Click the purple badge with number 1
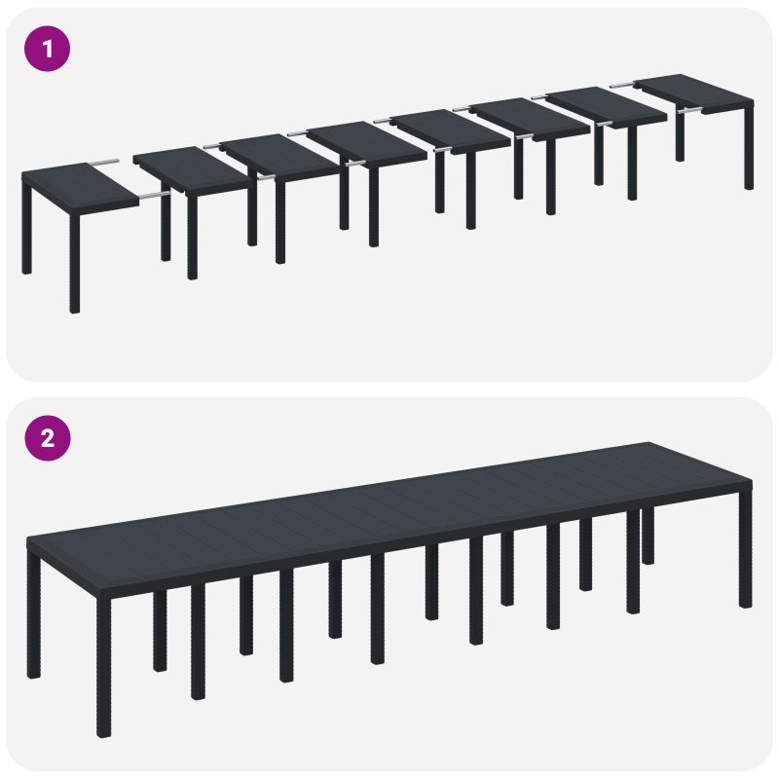coord(47,47)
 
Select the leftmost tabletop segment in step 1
coord(78,187)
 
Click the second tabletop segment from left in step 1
coord(189,169)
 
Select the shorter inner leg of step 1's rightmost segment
coord(680,136)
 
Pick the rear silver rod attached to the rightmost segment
coord(624,86)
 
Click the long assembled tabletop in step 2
coord(389,506)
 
